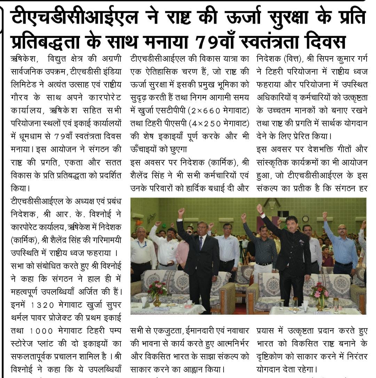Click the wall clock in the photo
[x=305, y=219]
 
